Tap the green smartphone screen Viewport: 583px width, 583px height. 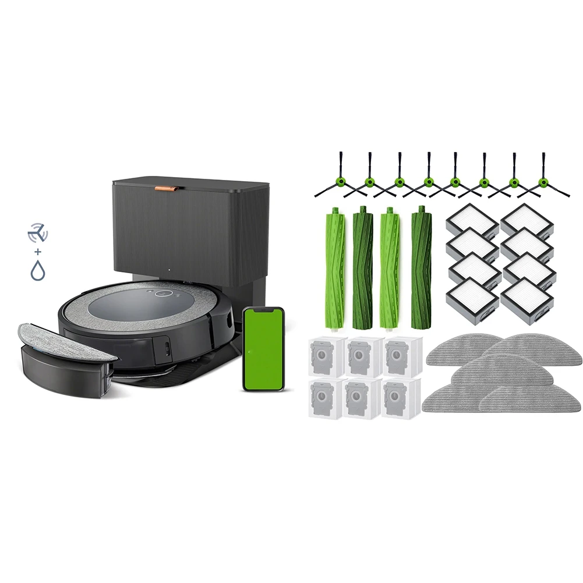point(263,349)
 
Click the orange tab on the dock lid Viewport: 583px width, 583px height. point(167,188)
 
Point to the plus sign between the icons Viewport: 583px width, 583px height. point(38,252)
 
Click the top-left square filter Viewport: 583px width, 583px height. point(472,222)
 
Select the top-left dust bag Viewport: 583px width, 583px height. point(327,356)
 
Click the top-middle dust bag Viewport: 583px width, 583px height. point(365,356)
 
